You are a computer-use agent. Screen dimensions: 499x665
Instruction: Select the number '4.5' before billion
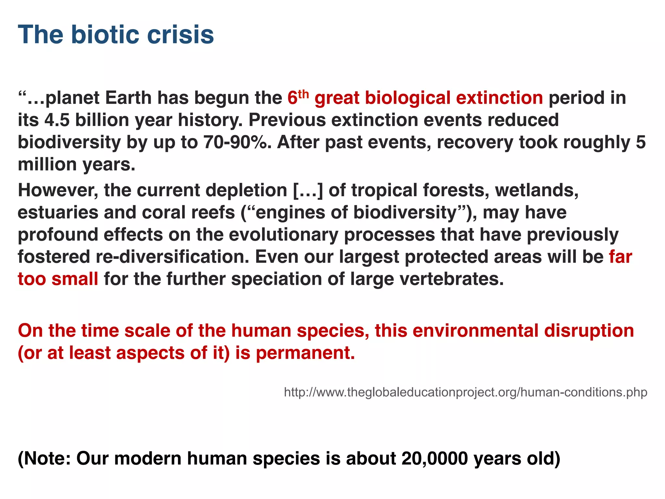(x=57, y=120)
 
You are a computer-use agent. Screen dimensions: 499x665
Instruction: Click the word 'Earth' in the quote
(x=128, y=98)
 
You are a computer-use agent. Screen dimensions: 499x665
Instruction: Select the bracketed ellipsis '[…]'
(x=308, y=190)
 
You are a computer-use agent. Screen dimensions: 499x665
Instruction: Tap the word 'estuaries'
(x=58, y=212)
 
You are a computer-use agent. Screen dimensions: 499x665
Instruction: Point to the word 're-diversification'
(x=172, y=257)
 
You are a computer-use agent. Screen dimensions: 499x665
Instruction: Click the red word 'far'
(x=620, y=257)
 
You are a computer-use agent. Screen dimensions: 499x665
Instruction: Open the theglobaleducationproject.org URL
(x=465, y=392)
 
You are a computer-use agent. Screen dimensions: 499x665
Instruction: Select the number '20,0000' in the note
(x=434, y=458)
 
